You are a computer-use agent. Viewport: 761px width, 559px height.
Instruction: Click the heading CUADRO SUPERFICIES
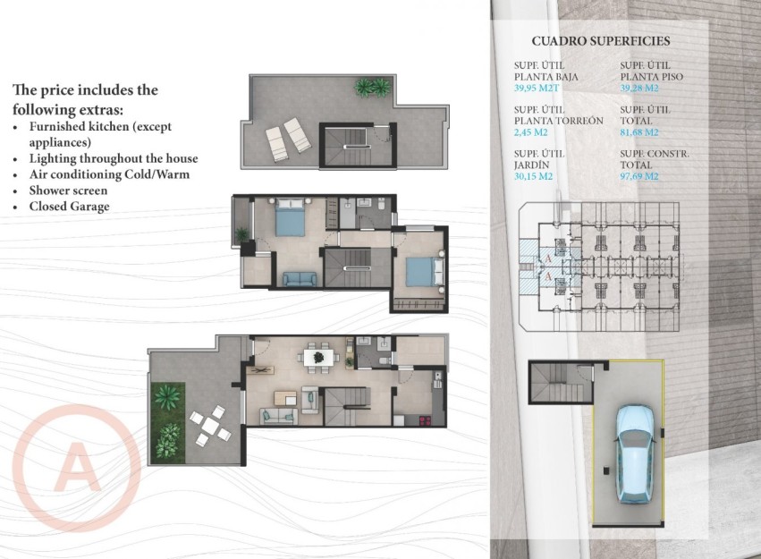pyautogui.click(x=600, y=41)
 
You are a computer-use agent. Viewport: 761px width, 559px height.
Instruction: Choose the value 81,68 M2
pyautogui.click(x=639, y=132)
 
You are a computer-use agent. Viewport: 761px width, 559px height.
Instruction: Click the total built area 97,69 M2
pyautogui.click(x=639, y=176)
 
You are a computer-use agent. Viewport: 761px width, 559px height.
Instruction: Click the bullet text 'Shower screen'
pyautogui.click(x=68, y=191)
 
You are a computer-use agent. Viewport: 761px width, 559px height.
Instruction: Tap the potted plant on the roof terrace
pyautogui.click(x=373, y=87)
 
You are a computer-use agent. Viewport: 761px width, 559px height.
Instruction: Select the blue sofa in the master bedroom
pyautogui.click(x=299, y=279)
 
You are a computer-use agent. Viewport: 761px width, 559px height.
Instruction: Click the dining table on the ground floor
pyautogui.click(x=318, y=358)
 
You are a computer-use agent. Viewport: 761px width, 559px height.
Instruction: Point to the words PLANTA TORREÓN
pyautogui.click(x=559, y=121)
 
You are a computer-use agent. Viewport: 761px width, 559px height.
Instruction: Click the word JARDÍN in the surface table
pyautogui.click(x=532, y=165)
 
